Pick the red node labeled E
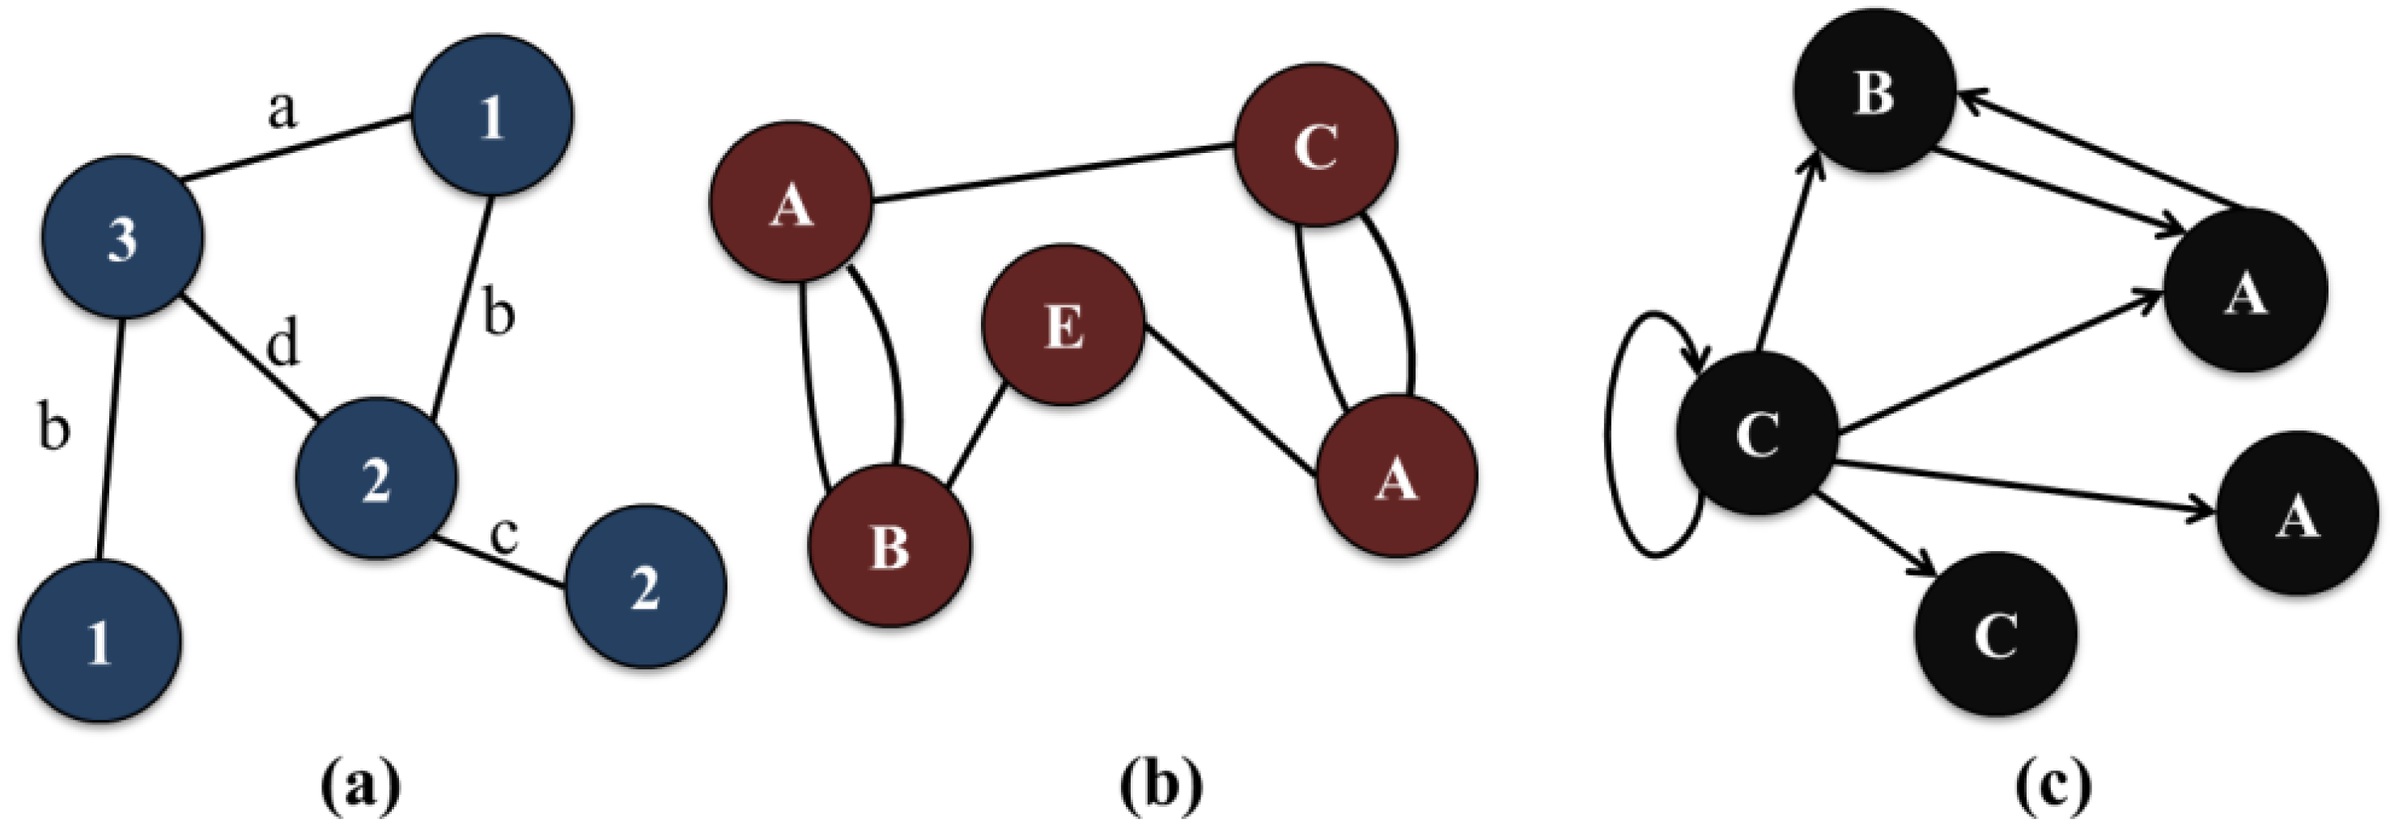(x=1063, y=325)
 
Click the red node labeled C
(x=1316, y=145)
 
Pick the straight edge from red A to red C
(x=1053, y=172)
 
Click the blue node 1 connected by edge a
(x=492, y=116)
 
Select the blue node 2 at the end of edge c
(x=646, y=586)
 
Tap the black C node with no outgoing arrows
(x=1996, y=634)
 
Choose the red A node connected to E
(x=1396, y=476)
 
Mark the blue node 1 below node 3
(x=100, y=640)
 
